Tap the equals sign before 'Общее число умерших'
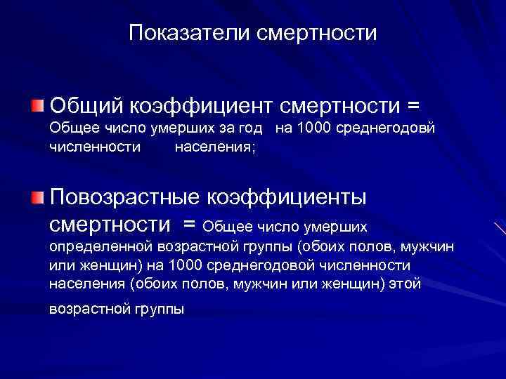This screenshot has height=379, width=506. (x=188, y=225)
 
